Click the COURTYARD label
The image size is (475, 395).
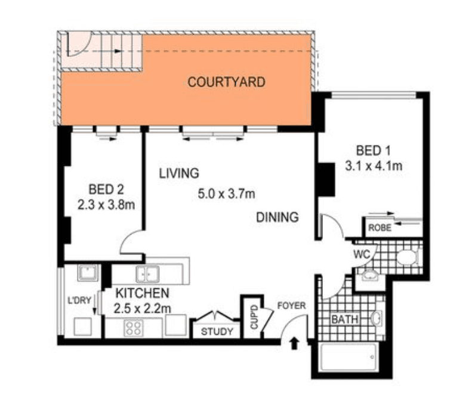tap(226, 82)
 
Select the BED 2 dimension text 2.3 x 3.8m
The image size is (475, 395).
tap(106, 206)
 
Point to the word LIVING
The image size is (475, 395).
tap(178, 173)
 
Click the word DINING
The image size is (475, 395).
tap(277, 217)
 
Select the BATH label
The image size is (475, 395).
tap(345, 319)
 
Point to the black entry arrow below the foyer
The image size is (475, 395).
tap(294, 344)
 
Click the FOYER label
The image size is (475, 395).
tap(292, 306)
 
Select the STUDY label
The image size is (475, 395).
tap(217, 332)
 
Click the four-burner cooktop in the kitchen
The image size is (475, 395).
tap(133, 327)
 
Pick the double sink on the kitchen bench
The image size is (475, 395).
tap(147, 274)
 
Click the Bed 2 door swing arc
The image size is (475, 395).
tap(131, 245)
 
